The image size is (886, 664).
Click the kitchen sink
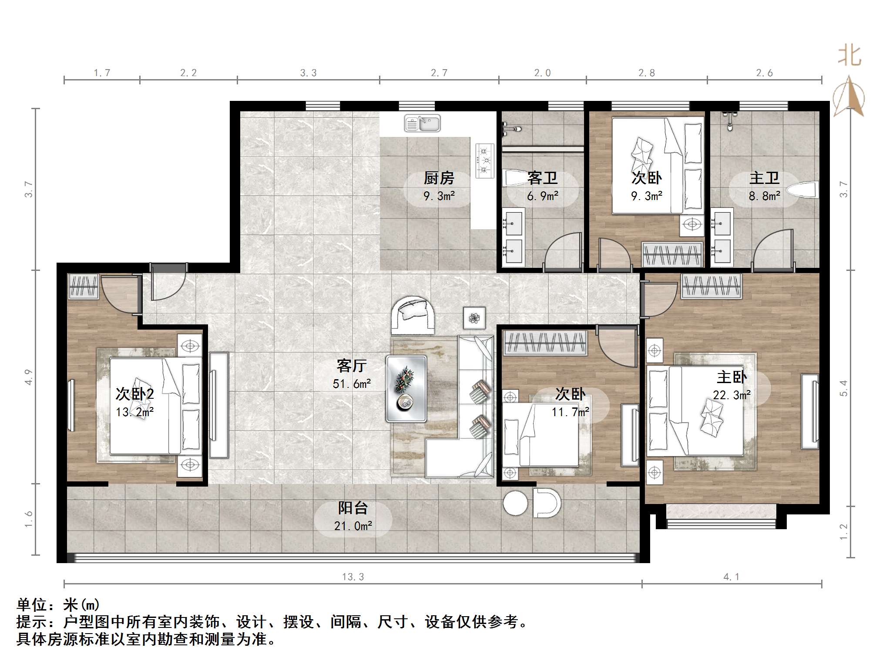coord(422,123)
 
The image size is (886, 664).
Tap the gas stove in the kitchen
coord(485,161)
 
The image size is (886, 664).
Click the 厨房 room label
coord(439,178)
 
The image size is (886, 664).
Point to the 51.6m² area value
coord(352,384)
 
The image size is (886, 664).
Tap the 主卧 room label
coord(732,377)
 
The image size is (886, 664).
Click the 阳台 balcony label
coord(353,508)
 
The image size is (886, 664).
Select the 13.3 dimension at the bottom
coord(353,577)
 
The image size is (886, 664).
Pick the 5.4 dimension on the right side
coord(843,388)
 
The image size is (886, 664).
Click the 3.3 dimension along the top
coord(309,73)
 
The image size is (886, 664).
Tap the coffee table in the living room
coord(406,389)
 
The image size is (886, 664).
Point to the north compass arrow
coord(849,97)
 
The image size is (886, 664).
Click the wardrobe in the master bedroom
coord(711,286)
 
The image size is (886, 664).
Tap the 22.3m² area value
coord(732,395)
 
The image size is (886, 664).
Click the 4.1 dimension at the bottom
coord(732,577)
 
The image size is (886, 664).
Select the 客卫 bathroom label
coord(542,178)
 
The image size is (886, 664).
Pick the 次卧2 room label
coord(134,394)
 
